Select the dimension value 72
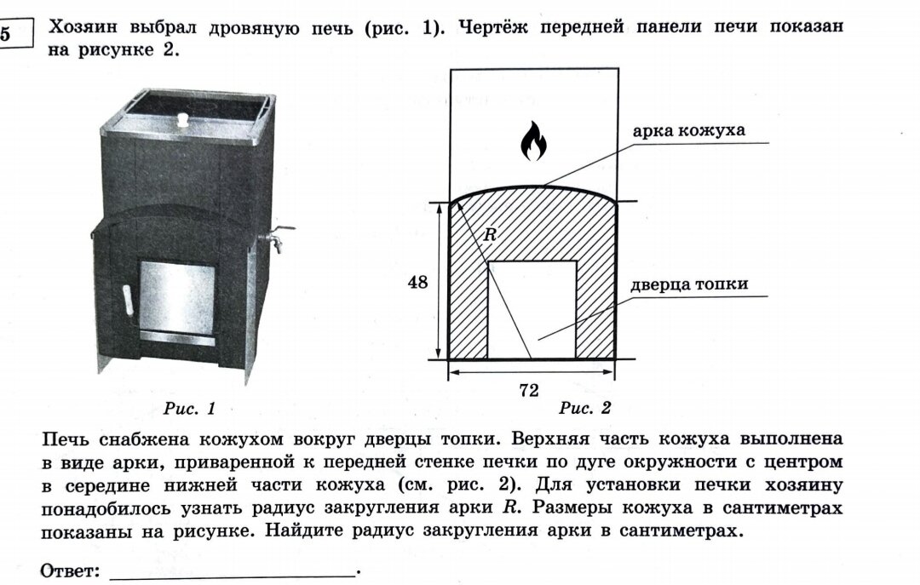coord(529,390)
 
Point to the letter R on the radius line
coord(490,235)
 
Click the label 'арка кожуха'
coord(688,131)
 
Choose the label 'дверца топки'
coord(689,284)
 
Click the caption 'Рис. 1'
coord(189,409)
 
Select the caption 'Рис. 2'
coord(585,409)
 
